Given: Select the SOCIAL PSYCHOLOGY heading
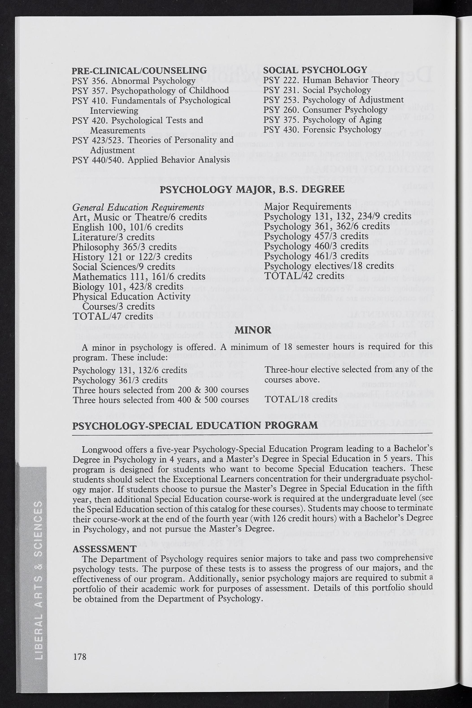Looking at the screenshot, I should click(315, 70).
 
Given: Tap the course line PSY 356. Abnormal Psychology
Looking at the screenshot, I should click(134, 81).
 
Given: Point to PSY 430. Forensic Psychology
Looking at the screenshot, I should click(322, 129).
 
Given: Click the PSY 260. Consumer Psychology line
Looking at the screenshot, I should click(325, 110).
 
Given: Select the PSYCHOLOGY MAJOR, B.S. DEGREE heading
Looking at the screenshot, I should click(252, 189).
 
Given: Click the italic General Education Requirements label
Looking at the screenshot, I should click(138, 207).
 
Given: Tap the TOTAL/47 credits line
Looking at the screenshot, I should click(113, 316).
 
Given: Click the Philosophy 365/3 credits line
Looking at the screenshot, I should click(125, 247).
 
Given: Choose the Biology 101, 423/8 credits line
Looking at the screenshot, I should click(128, 287).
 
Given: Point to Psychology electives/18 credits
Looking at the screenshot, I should click(329, 266).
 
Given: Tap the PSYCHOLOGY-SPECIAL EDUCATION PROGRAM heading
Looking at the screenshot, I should click(195, 425).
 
